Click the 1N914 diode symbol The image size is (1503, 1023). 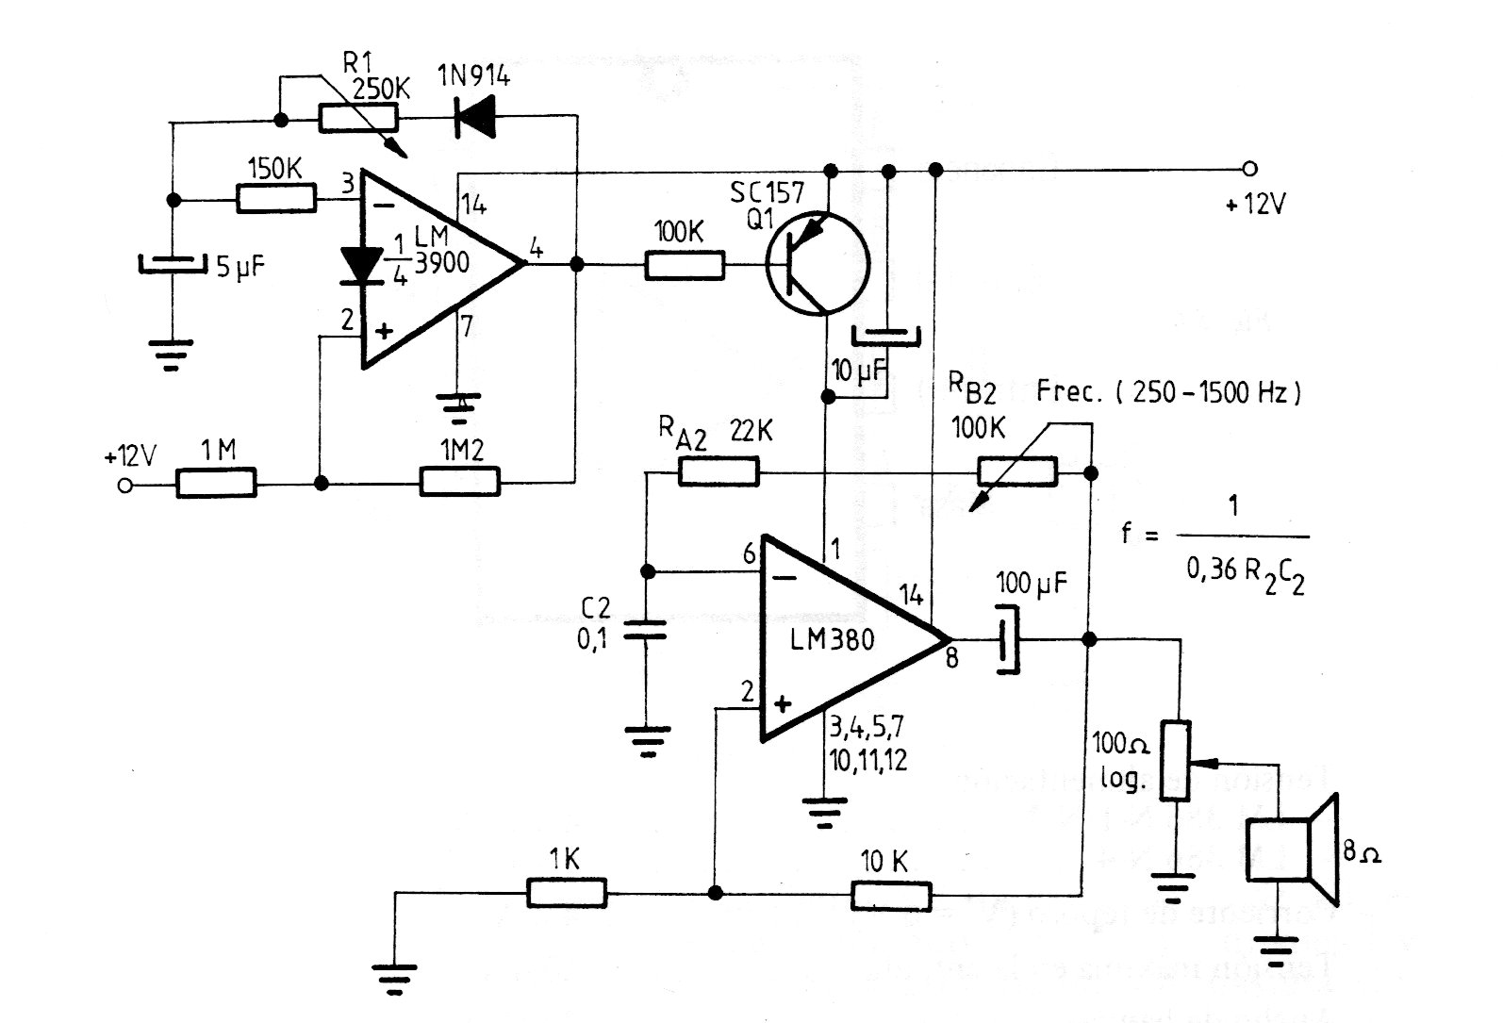pyautogui.click(x=477, y=117)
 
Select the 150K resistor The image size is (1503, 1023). pyautogui.click(x=275, y=199)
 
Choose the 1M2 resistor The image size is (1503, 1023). pyautogui.click(x=459, y=483)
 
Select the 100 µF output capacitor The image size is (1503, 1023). pyautogui.click(x=1008, y=640)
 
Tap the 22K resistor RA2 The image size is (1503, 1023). pyautogui.click(x=718, y=471)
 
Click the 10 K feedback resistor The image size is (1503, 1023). pyautogui.click(x=891, y=895)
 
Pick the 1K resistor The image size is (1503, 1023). pyautogui.click(x=566, y=893)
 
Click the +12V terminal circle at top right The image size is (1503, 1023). pyautogui.click(x=1250, y=170)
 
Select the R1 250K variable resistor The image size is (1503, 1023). pyautogui.click(x=358, y=118)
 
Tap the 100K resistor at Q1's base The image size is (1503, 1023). pyautogui.click(x=685, y=265)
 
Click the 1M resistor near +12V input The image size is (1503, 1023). pyautogui.click(x=216, y=484)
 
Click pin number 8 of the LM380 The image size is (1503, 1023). pyautogui.click(x=952, y=658)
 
